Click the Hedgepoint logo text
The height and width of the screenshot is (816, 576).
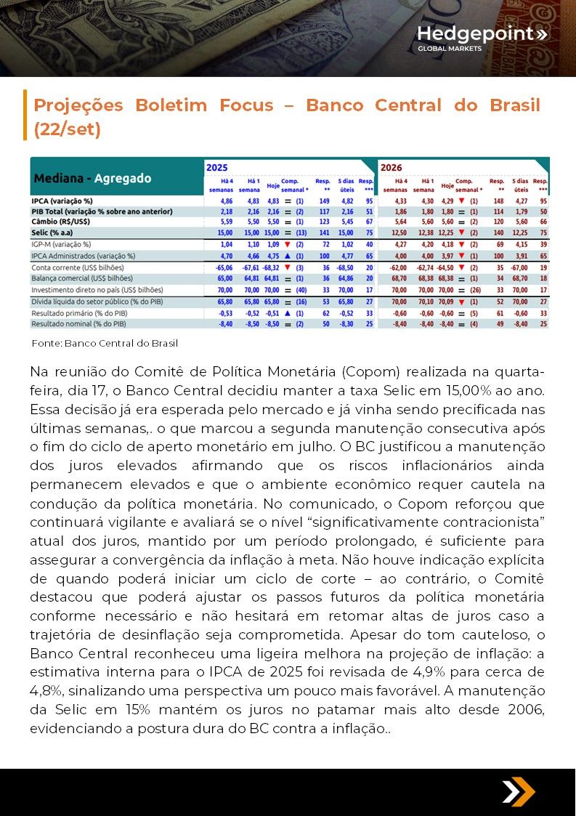(x=476, y=33)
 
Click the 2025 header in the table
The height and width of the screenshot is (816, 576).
(x=217, y=167)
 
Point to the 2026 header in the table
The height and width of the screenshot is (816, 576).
(x=392, y=167)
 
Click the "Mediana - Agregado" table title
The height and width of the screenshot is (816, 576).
(x=92, y=178)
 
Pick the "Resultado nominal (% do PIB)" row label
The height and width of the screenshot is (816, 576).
(x=79, y=323)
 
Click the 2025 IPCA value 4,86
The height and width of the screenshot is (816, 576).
(x=225, y=201)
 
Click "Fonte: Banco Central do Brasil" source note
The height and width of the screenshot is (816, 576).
(x=105, y=343)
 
